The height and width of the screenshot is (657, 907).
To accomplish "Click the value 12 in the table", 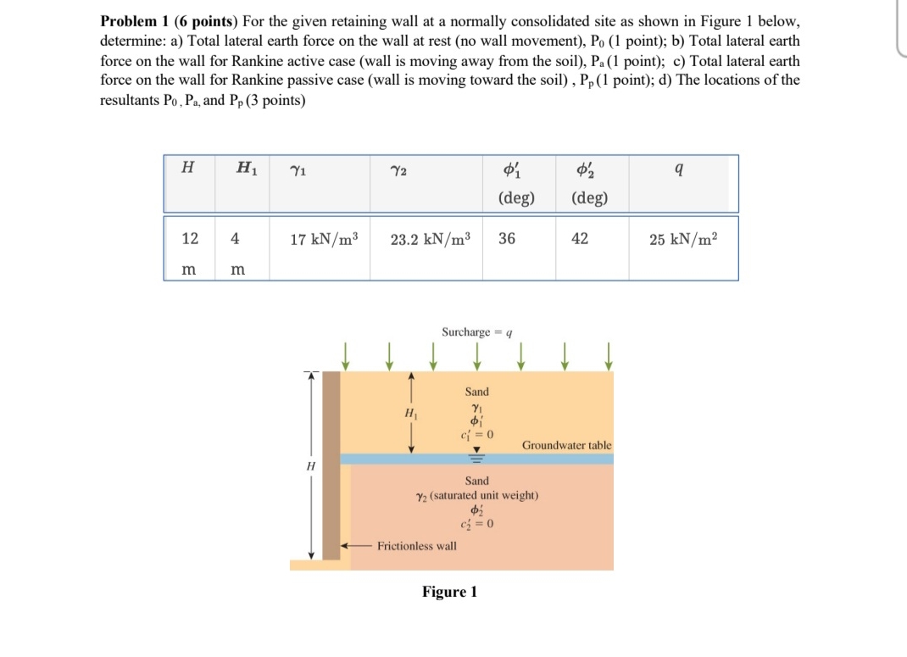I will [190, 239].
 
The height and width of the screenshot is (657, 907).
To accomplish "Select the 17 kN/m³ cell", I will [324, 239].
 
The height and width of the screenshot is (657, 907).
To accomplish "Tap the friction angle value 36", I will [507, 239].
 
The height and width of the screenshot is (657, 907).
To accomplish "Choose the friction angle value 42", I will [580, 239].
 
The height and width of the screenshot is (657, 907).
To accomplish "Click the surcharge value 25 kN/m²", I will [684, 239].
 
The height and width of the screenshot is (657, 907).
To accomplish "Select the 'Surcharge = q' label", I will [478, 332].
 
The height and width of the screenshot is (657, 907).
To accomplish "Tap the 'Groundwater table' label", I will [566, 445].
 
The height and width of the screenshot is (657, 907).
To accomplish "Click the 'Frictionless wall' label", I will [416, 546].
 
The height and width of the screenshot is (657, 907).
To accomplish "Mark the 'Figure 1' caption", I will [449, 592].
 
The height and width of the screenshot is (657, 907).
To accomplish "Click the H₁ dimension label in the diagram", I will [410, 413].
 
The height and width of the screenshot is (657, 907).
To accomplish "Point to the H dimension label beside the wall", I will [310, 465].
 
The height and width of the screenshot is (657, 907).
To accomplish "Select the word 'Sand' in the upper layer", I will [477, 392].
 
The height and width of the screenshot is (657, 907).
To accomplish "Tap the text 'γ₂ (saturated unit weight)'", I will [477, 495].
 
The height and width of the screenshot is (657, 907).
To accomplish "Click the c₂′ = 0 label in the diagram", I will [477, 522].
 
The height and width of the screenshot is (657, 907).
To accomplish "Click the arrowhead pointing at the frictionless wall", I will [346, 546].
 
